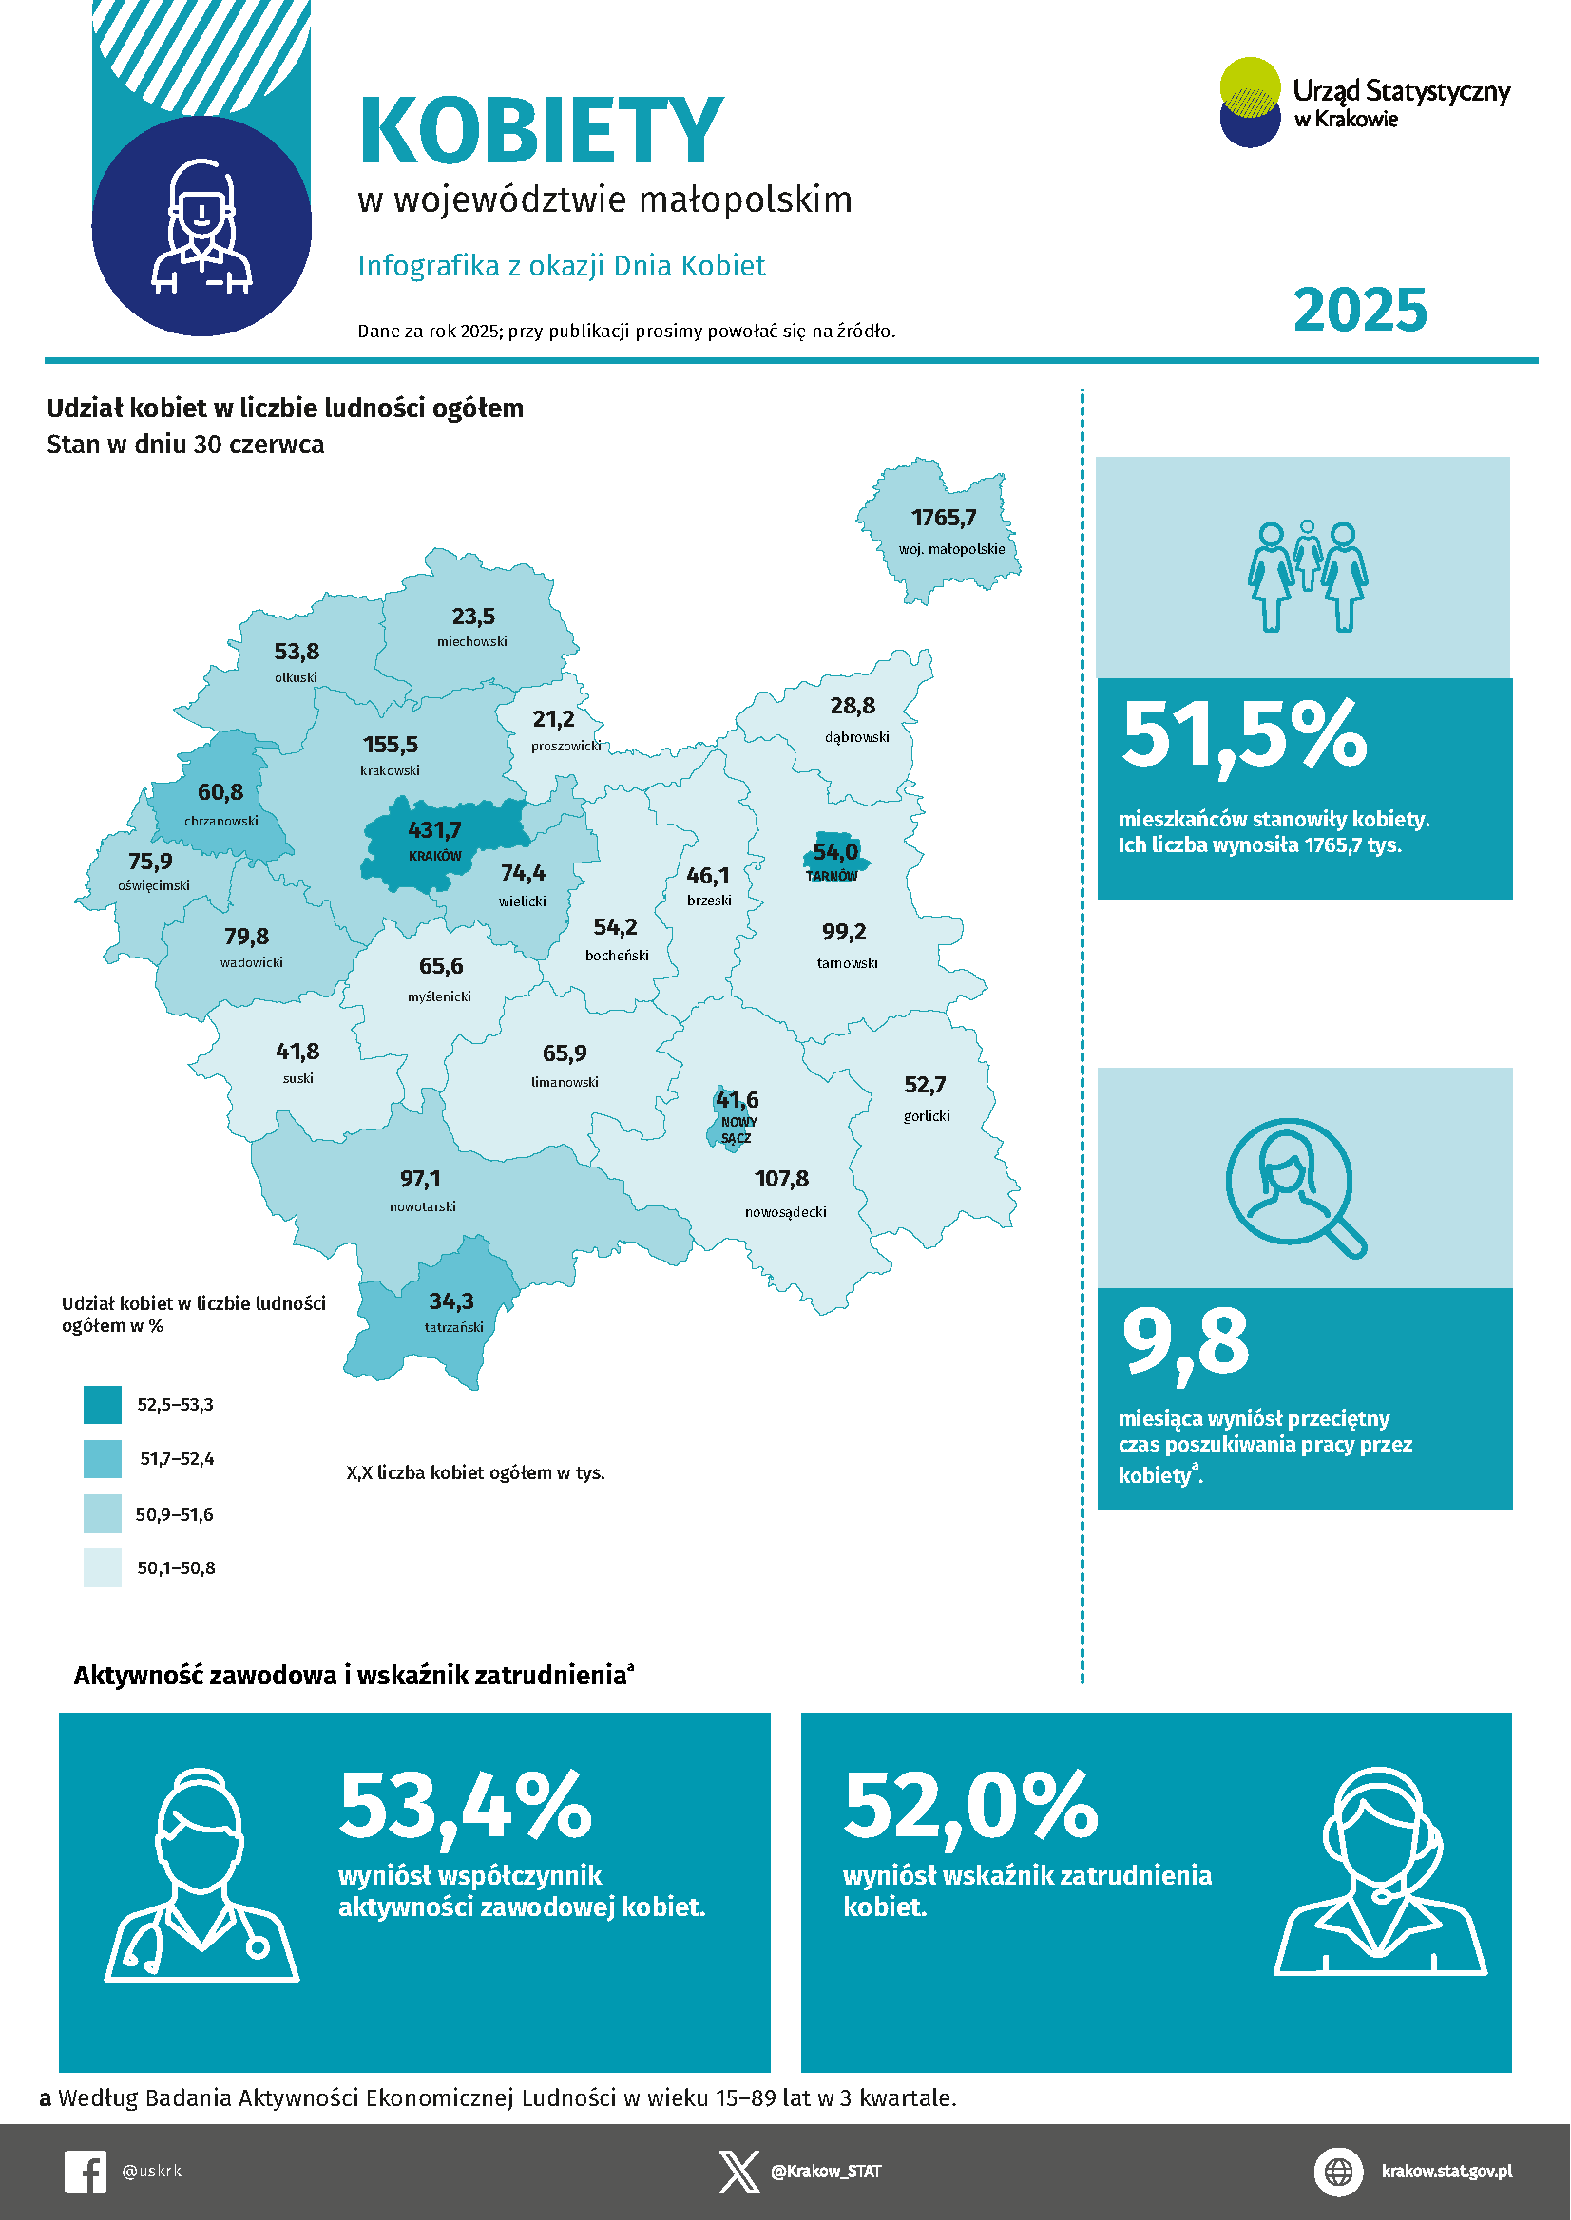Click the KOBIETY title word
[x=541, y=130]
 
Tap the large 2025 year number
[x=1359, y=311]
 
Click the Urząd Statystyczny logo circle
[x=1250, y=103]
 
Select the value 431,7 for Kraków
[x=434, y=830]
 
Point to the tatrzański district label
[x=453, y=1326]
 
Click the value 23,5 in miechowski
[x=473, y=617]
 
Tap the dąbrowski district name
[x=856, y=737]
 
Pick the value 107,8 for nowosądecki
[x=780, y=1179]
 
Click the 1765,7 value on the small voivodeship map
[x=943, y=519]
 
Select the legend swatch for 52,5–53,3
[x=103, y=1405]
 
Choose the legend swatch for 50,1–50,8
[x=103, y=1567]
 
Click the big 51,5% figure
[x=1244, y=736]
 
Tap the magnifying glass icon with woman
[x=1294, y=1187]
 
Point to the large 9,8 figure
[x=1185, y=1342]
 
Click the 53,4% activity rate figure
[x=466, y=1804]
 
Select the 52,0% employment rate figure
[x=970, y=1804]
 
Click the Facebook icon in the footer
[x=86, y=2171]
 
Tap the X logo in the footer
[x=739, y=2172]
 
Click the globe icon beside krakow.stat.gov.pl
[x=1338, y=2171]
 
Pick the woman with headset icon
[x=1379, y=1873]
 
